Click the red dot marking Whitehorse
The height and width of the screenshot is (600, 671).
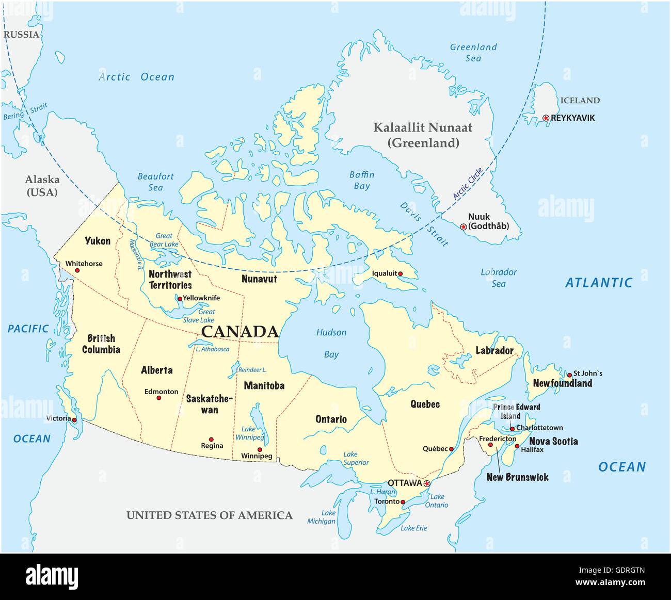pyautogui.click(x=77, y=270)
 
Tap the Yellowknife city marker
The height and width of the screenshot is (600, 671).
pyautogui.click(x=180, y=299)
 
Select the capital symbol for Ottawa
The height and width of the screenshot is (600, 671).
pyautogui.click(x=427, y=483)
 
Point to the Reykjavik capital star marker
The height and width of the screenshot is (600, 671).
pyautogui.click(x=546, y=118)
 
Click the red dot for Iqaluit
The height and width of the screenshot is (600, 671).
pyautogui.click(x=401, y=274)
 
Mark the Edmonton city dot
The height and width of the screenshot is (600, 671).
pyautogui.click(x=159, y=398)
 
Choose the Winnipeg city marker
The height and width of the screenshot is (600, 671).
pyautogui.click(x=260, y=449)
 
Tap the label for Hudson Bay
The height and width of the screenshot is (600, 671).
pyautogui.click(x=331, y=343)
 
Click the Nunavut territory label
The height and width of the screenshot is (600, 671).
pyautogui.click(x=259, y=279)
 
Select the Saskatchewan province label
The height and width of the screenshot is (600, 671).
pyautogui.click(x=210, y=404)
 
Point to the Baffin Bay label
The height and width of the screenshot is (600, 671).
pyautogui.click(x=361, y=181)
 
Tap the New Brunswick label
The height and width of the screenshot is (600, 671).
pyautogui.click(x=517, y=477)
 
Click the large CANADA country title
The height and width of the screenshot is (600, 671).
pyautogui.click(x=239, y=332)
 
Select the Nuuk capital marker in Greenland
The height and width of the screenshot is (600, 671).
pyautogui.click(x=463, y=227)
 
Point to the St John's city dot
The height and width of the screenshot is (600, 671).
pyautogui.click(x=569, y=375)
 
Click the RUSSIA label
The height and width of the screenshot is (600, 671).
pyautogui.click(x=21, y=35)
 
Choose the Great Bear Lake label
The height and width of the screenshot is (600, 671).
pyautogui.click(x=164, y=240)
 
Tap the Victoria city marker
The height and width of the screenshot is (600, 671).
pyautogui.click(x=74, y=420)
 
